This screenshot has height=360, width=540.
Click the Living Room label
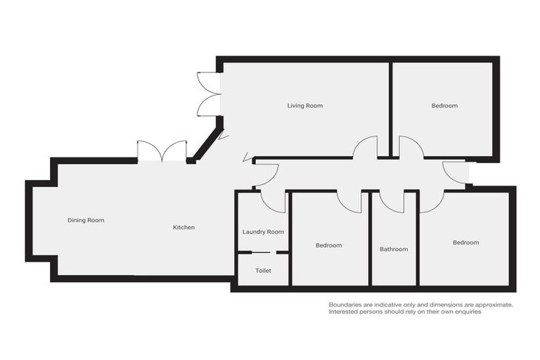pos(304,105)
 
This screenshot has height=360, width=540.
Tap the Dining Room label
pos(86,220)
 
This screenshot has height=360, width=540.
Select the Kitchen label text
pos(184,227)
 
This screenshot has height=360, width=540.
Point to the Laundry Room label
pos(263,232)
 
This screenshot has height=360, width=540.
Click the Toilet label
pos(263,270)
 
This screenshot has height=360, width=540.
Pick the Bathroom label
pos(394,249)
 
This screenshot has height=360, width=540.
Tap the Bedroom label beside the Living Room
pos(444,105)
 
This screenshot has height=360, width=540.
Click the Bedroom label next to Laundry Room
pos(328,245)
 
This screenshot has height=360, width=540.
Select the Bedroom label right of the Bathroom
pos(465,243)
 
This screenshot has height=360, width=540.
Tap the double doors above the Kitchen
pos(162,151)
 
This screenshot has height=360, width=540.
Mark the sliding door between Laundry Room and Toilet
pos(263,252)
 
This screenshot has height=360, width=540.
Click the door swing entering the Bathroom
pos(392,201)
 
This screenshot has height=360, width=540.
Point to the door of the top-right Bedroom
pos(411,147)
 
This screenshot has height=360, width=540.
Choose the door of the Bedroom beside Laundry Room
pos(349,201)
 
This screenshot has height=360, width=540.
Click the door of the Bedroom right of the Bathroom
pos(432,200)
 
